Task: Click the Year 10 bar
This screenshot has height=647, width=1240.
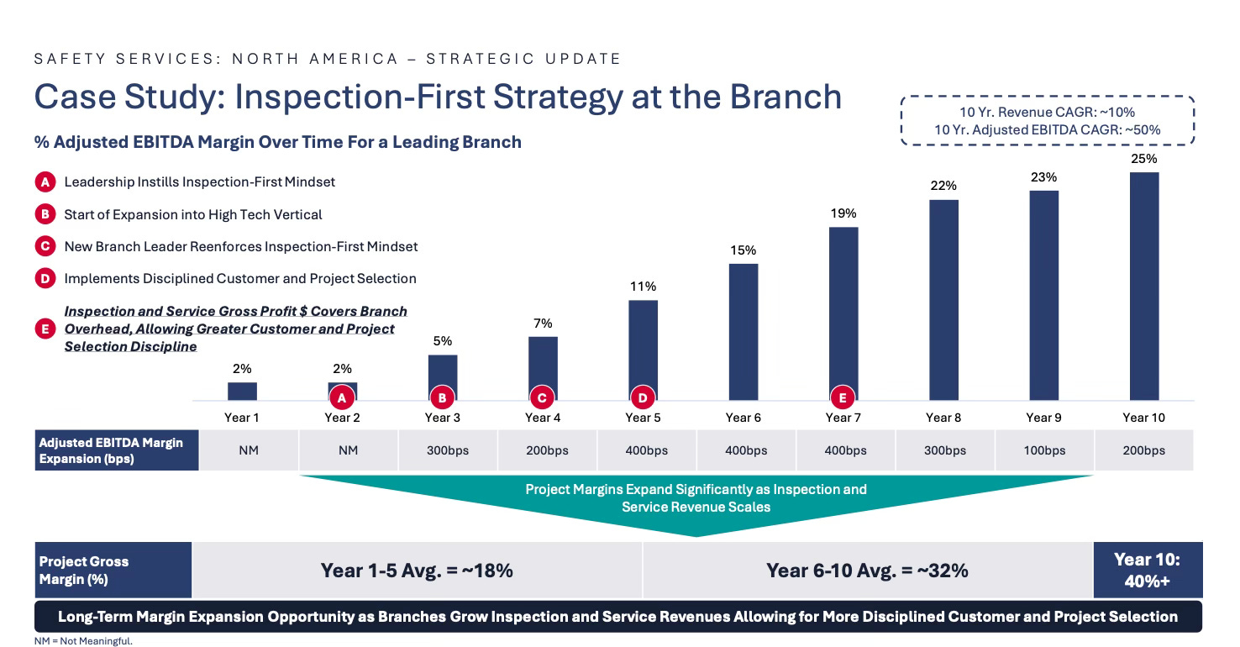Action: [x=1143, y=287]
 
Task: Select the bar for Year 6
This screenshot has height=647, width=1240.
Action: [x=743, y=332]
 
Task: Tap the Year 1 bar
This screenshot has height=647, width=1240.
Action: [x=242, y=392]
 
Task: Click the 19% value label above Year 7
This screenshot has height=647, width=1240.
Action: [x=843, y=213]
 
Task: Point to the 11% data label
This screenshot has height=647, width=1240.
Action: [x=643, y=287]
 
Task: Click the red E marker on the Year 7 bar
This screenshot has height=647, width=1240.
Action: [x=843, y=397]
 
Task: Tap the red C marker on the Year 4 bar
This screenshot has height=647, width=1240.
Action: [x=542, y=397]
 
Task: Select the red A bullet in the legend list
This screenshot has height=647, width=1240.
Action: [x=45, y=182]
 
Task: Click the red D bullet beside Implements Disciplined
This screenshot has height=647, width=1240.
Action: [x=45, y=278]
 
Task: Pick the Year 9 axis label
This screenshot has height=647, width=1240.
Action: [x=1043, y=418]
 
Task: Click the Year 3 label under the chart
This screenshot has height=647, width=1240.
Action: [x=442, y=418]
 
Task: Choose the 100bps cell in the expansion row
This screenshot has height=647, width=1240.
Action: [x=1044, y=450]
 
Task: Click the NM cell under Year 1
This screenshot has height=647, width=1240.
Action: [x=249, y=450]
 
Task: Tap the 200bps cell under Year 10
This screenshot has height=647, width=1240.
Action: [x=1143, y=450]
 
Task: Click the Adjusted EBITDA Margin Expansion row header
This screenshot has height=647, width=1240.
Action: [x=117, y=450]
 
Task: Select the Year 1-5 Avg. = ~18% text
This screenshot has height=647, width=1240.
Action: [x=417, y=571]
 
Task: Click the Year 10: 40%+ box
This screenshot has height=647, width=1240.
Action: [x=1148, y=570]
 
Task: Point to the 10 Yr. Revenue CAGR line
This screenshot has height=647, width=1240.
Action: [x=1047, y=113]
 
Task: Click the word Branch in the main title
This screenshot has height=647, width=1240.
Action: [x=786, y=97]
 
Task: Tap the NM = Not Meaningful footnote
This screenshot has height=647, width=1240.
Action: [x=83, y=641]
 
